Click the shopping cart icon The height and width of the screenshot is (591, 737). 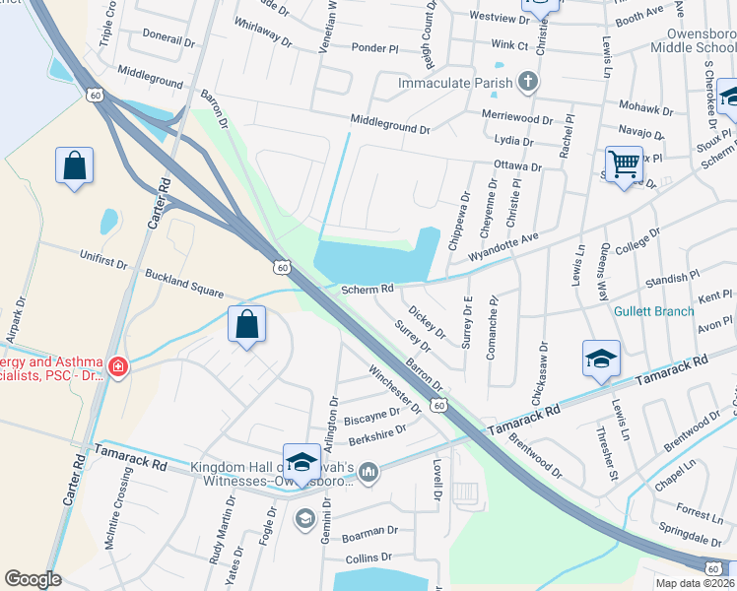pos(624,164)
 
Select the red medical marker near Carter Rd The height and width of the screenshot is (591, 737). pos(117,366)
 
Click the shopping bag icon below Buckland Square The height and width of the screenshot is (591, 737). pos(246,324)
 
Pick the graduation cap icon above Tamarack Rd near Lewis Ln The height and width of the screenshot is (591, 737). pos(600,360)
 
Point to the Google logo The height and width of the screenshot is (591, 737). pos(33,579)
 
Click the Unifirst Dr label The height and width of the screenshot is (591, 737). pos(103,259)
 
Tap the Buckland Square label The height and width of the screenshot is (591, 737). pos(184,286)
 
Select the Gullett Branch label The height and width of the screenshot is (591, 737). pos(654,311)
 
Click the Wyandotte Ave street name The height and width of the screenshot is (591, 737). pos(504,246)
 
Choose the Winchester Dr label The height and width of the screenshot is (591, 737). pos(394,390)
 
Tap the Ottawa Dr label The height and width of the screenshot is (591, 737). pos(518,166)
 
